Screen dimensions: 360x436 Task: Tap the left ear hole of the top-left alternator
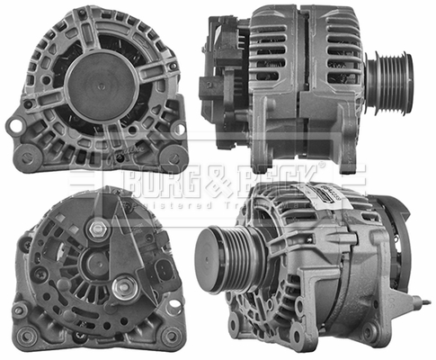point(15,126)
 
